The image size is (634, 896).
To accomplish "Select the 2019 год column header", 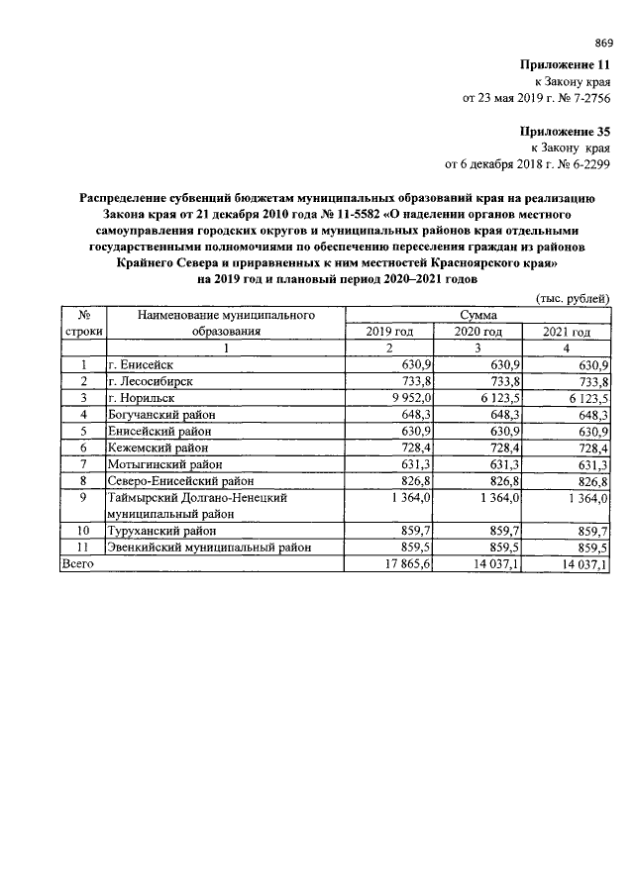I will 388,332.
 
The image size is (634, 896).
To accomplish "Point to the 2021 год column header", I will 567,332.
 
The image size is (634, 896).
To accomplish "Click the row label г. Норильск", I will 142,397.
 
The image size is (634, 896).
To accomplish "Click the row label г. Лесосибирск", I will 151,381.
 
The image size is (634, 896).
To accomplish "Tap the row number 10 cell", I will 84,531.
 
